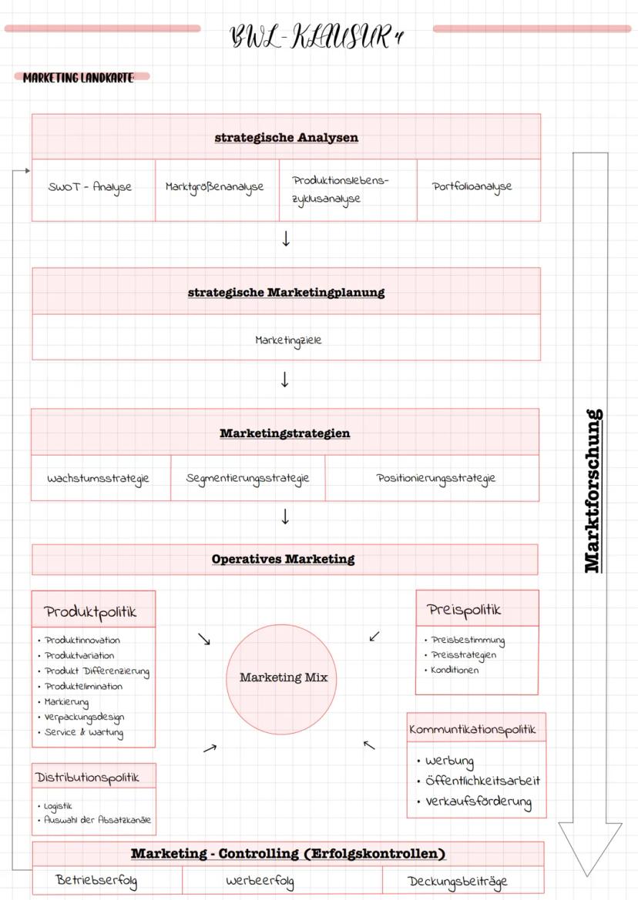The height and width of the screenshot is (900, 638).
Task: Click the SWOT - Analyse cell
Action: click(91, 187)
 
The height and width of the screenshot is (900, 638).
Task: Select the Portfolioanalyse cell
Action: click(472, 187)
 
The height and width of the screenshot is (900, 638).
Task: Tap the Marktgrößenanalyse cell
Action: click(215, 187)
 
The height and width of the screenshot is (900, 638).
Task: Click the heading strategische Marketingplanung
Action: click(286, 293)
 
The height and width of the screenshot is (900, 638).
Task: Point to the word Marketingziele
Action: click(288, 340)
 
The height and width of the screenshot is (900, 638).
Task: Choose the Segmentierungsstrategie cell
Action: click(247, 478)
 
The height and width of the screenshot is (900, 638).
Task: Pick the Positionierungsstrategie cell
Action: click(436, 478)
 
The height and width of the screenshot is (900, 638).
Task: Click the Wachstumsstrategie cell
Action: click(99, 478)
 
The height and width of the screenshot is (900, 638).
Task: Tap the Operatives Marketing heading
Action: click(284, 559)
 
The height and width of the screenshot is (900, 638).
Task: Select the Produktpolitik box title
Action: click(91, 612)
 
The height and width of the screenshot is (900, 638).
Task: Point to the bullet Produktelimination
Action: click(83, 686)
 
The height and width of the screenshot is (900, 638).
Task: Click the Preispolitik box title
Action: click(464, 610)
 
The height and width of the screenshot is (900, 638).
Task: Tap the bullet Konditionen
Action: click(455, 670)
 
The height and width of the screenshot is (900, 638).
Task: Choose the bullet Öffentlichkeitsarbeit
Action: click(482, 781)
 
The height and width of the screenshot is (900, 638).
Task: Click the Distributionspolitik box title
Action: click(88, 778)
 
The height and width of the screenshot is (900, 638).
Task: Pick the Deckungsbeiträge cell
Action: click(458, 882)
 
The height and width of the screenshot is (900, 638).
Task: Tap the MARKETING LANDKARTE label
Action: click(79, 78)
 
